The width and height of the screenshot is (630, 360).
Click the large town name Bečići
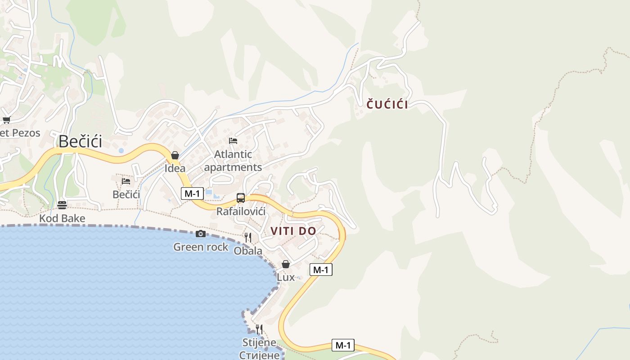click(x=80, y=141)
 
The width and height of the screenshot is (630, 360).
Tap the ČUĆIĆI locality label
click(x=387, y=105)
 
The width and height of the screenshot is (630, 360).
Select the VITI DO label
click(x=293, y=231)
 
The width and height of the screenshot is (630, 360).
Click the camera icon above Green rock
click(x=201, y=234)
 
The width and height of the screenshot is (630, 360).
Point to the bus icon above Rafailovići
click(x=241, y=198)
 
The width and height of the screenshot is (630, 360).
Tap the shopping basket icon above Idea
click(x=175, y=155)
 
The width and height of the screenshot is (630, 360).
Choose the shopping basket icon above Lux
click(x=286, y=264)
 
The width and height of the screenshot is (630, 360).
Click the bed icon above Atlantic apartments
click(x=233, y=140)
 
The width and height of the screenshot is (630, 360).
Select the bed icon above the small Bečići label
click(x=126, y=181)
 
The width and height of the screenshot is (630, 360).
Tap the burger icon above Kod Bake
click(x=62, y=205)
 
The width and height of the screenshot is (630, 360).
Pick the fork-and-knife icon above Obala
click(x=248, y=237)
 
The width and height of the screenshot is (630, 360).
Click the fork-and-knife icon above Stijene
click(x=259, y=329)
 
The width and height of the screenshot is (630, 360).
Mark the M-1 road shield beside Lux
click(x=321, y=270)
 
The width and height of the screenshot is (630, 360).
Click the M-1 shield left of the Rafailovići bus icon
click(x=192, y=193)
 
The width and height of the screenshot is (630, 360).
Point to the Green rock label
click(x=201, y=247)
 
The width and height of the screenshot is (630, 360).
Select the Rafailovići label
click(x=241, y=211)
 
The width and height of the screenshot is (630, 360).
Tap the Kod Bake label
click(x=62, y=219)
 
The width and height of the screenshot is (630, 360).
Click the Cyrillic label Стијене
click(x=259, y=355)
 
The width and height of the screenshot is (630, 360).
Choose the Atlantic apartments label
click(x=233, y=161)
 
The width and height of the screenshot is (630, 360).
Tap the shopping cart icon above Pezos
click(x=6, y=120)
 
